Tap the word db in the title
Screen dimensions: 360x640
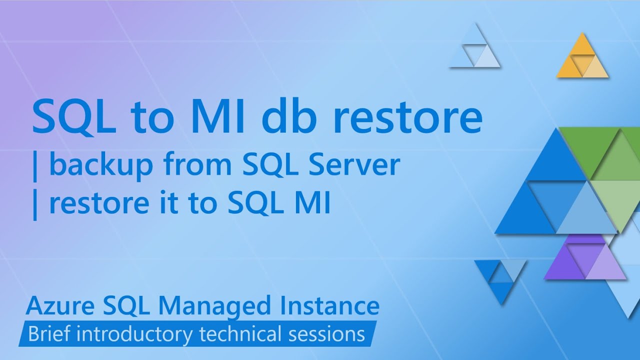coord(286,116)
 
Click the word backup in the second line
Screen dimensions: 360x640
coord(101,165)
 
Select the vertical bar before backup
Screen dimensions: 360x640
coord(35,166)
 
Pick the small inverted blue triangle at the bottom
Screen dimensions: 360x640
coord(499,280)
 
